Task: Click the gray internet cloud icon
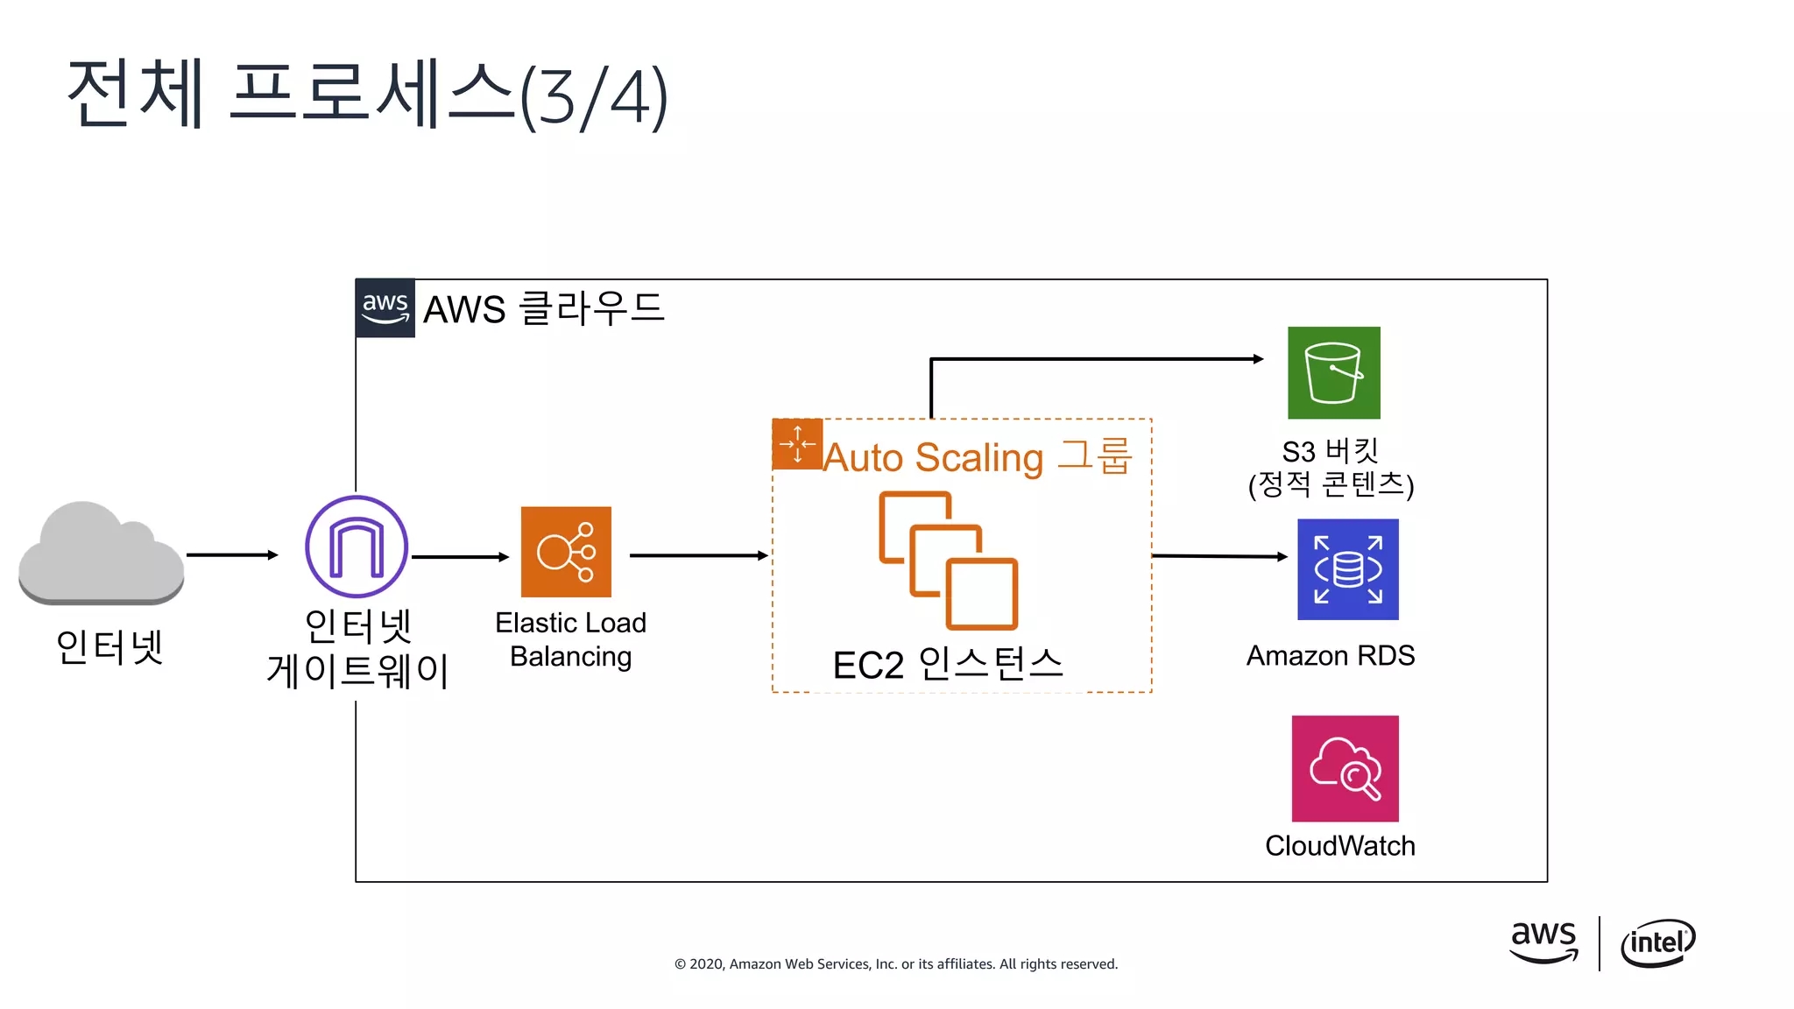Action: coord(101,554)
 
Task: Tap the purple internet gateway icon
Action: coord(357,547)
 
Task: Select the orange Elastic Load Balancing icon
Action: coord(566,552)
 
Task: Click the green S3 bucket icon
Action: coord(1333,373)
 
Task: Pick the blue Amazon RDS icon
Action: coord(1347,569)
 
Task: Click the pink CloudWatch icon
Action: coord(1345,768)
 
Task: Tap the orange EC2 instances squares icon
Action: coord(948,561)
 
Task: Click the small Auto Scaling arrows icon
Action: coord(797,444)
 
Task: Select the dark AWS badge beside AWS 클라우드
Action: coord(385,308)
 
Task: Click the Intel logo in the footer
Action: coord(1657,943)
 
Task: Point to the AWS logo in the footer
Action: coord(1543,942)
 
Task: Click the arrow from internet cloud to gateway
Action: coord(232,554)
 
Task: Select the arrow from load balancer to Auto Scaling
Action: coord(698,555)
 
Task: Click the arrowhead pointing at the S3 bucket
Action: coord(1258,359)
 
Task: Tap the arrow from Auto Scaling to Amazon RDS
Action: coord(1218,556)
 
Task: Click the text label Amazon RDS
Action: coord(1330,655)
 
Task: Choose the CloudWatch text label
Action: coord(1339,845)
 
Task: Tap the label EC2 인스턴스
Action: coord(948,665)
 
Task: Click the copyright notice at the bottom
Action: coord(895,963)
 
